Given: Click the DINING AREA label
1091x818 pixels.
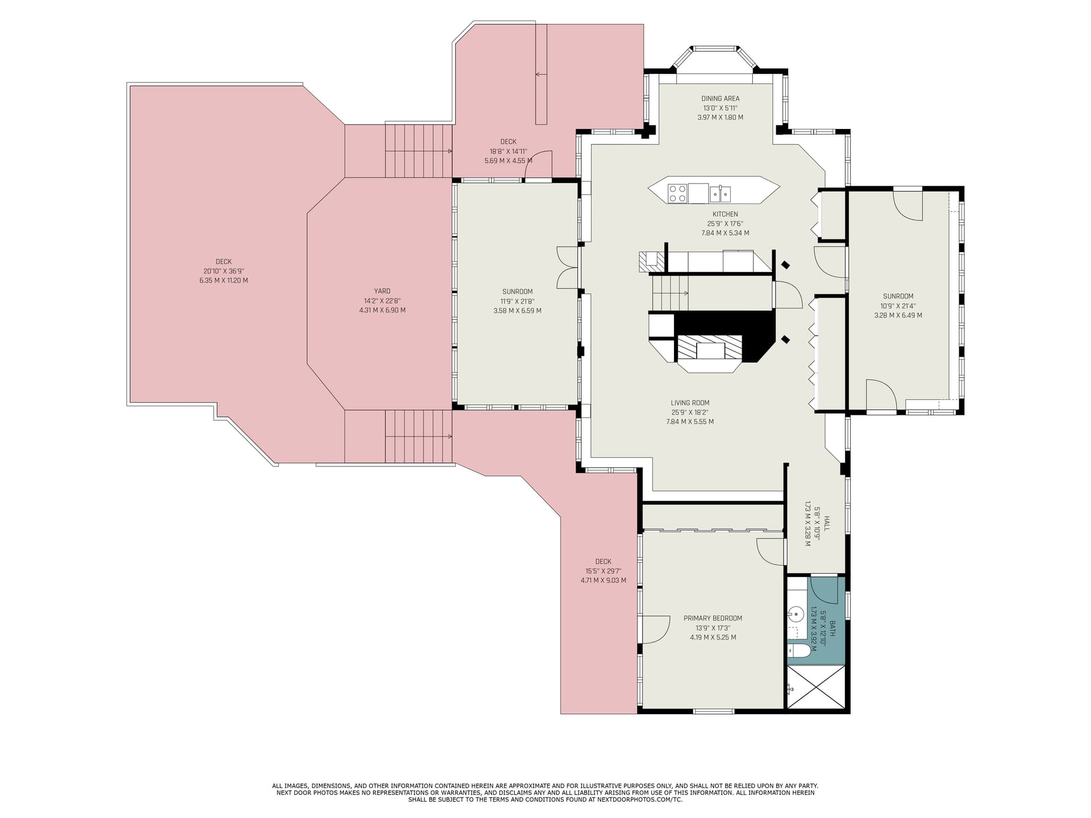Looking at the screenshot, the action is point(720,98).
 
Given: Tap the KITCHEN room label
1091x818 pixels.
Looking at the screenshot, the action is point(725,214).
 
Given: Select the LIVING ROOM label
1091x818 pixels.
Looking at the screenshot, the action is point(690,403).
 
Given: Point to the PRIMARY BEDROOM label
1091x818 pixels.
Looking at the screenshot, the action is point(713,618).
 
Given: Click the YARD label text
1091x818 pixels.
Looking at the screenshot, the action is point(382,291).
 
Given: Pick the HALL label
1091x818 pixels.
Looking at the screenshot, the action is point(827,524).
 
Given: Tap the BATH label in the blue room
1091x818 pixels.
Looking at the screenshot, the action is point(832,628).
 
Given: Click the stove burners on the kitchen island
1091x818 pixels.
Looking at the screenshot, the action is point(677,193).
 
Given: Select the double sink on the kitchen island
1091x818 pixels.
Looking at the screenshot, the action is point(720,194).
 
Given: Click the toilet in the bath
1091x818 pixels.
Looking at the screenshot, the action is point(799,651).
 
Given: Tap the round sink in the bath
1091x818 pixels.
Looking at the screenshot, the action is point(796,614).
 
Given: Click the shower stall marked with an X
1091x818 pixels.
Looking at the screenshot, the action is point(815,687).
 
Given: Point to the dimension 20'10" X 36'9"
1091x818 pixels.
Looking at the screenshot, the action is point(223,271).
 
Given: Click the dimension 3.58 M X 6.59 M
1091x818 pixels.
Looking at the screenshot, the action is point(517,311).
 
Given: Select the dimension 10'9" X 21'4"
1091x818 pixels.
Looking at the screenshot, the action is point(898,306).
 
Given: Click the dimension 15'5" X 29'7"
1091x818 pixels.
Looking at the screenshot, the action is point(603,571).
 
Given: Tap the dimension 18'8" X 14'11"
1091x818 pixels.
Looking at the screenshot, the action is point(508,151).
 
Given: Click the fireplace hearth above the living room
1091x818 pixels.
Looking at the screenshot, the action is point(710,353).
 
